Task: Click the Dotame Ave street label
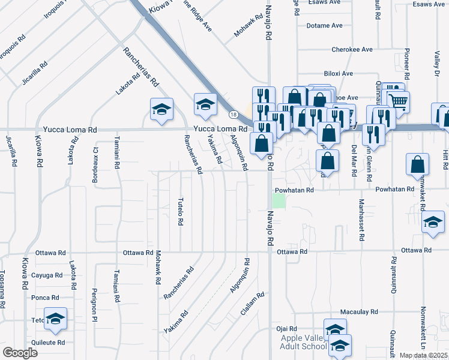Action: coord(324,26)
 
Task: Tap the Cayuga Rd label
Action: coord(47,275)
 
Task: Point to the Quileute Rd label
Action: coord(48,343)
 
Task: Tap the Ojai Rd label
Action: coord(287,329)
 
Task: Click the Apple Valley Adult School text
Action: coord(304,342)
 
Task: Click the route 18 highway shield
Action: coord(233,114)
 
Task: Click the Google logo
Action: coord(20,353)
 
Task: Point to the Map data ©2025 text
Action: coord(423,355)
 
